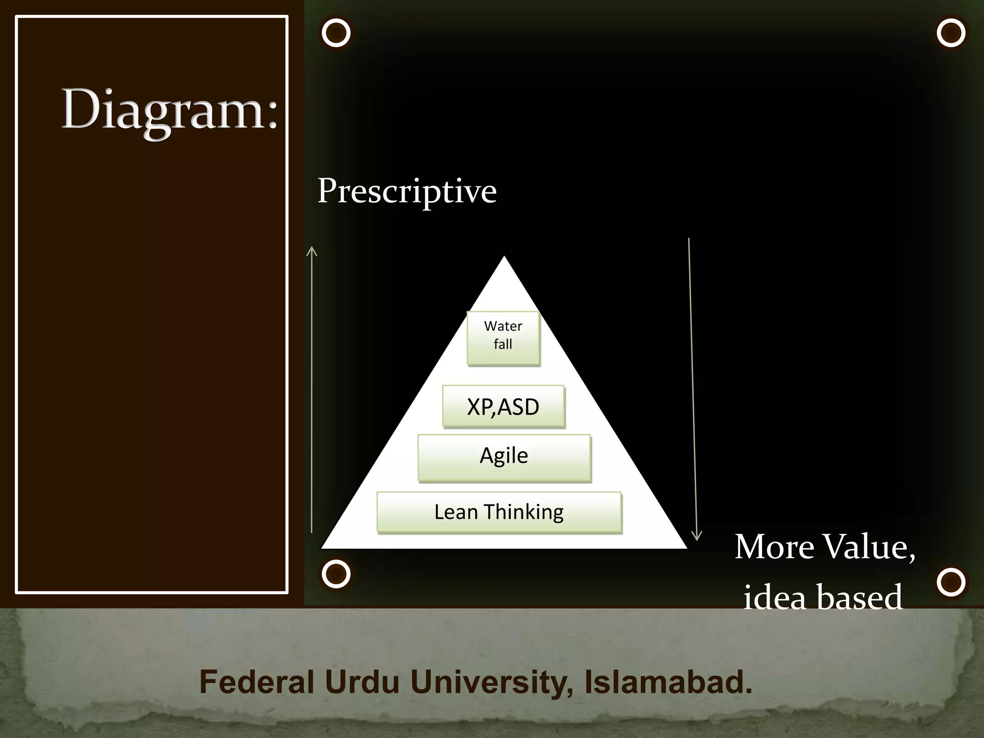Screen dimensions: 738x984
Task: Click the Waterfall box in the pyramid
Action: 503,338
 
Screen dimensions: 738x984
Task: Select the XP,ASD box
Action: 503,406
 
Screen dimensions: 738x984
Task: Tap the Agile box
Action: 504,457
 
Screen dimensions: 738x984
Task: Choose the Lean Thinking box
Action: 499,512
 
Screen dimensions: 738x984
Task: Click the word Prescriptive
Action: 406,191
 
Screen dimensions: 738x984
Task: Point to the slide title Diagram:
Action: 170,111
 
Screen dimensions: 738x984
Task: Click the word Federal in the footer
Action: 257,682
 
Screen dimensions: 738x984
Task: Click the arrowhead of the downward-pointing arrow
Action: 696,537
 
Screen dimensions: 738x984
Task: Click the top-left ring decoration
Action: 336,33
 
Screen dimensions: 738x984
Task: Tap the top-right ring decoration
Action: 951,33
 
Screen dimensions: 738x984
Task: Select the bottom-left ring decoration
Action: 336,574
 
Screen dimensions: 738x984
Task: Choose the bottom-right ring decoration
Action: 951,582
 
